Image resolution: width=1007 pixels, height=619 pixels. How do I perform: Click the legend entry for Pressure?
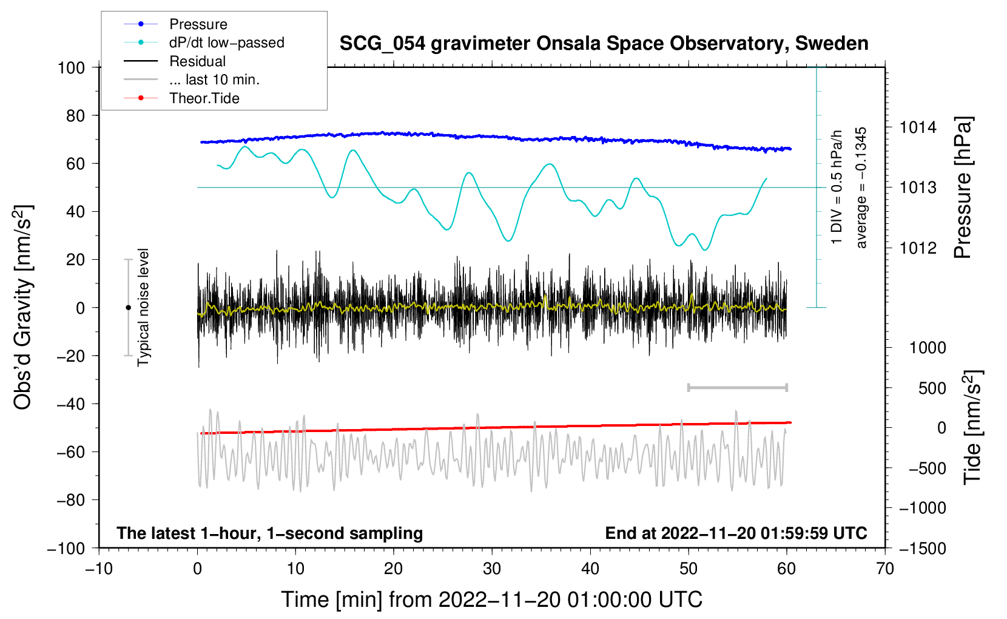coord(198,24)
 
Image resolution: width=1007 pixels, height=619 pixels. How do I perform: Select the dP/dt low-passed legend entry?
coord(226,42)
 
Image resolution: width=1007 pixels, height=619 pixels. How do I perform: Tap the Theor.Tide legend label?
coord(204,98)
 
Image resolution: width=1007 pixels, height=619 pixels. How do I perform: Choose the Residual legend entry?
coord(197,61)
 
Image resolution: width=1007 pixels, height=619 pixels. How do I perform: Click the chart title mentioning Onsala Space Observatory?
coord(604,44)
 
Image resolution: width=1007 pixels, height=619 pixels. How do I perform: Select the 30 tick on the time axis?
coord(492,569)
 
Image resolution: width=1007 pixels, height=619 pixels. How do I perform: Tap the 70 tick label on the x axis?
coord(885,569)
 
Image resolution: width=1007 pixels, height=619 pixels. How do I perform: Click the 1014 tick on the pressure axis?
coord(918,127)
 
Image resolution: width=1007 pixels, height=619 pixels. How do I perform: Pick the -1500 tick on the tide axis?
coord(922,548)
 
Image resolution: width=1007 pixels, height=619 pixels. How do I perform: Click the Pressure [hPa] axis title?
coord(963,188)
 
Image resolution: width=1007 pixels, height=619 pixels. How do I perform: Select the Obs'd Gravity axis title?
coord(23,308)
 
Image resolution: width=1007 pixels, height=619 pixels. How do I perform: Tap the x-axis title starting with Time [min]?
coord(491,600)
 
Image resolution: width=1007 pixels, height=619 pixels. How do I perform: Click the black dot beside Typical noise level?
coord(128,308)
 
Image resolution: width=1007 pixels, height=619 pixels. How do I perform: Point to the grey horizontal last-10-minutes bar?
coord(737,387)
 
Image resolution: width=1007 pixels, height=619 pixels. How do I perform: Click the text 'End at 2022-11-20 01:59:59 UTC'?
coord(736,533)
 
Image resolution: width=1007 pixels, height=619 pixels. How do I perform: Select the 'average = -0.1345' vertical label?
coord(861,188)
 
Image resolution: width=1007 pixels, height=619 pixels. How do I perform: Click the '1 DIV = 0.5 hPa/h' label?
coord(837,188)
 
